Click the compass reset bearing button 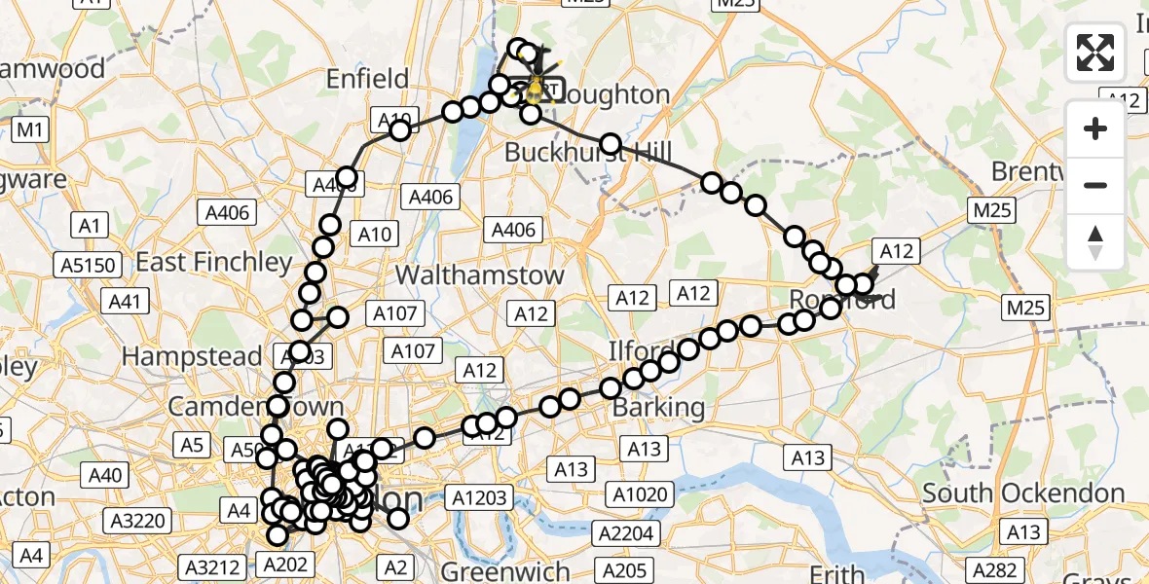tap(1095, 242)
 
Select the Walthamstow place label tap(481, 274)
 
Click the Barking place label tap(658, 407)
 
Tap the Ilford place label tap(640, 350)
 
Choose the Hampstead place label tap(195, 356)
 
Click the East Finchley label tap(213, 262)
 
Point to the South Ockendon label tap(1023, 493)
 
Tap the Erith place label tap(837, 573)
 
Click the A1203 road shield tap(480, 498)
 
